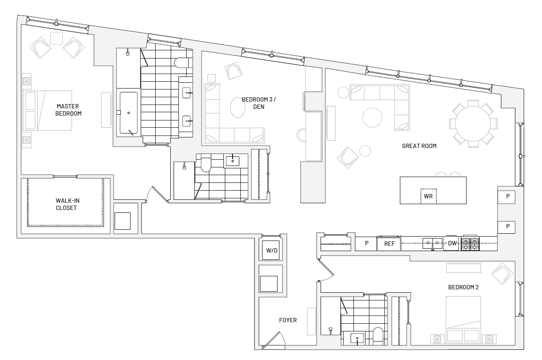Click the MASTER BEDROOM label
68,110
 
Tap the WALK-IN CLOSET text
67,204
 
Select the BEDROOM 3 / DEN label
259,103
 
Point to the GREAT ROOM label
419,146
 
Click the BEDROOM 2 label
463,287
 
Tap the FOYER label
288,320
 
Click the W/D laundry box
272,250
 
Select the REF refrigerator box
389,243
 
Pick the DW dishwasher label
452,243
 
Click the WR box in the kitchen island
428,196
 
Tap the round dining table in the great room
472,123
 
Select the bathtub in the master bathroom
129,113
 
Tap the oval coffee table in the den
238,107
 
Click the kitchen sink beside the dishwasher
432,243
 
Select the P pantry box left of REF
366,243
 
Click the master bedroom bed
48,111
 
